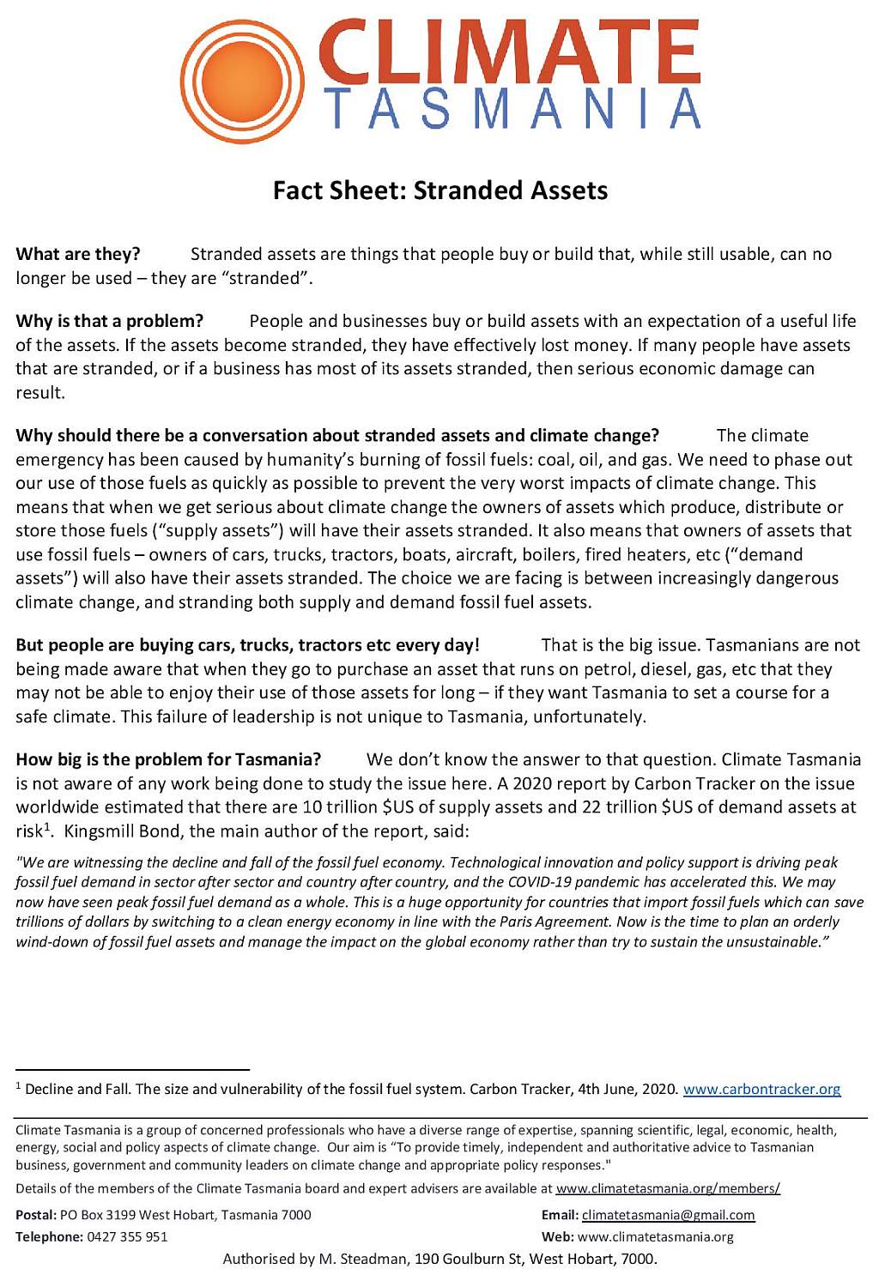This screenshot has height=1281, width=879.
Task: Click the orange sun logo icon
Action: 243,81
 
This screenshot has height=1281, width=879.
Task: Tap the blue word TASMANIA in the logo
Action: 512,108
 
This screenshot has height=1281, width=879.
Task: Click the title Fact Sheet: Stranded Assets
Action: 439,190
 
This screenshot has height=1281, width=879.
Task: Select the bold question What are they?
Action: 78,254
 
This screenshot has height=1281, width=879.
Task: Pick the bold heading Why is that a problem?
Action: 110,321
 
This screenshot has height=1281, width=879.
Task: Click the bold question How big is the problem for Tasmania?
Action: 168,759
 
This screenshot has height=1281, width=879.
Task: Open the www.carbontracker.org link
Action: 761,1089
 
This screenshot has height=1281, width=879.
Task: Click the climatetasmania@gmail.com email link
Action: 668,1215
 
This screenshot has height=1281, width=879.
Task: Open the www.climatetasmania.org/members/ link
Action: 668,1188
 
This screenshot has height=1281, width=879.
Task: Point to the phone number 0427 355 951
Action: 127,1236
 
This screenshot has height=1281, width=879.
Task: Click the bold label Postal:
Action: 36,1215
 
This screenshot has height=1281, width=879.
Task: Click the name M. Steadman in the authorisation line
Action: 363,1259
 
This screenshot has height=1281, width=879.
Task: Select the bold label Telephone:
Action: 49,1236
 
